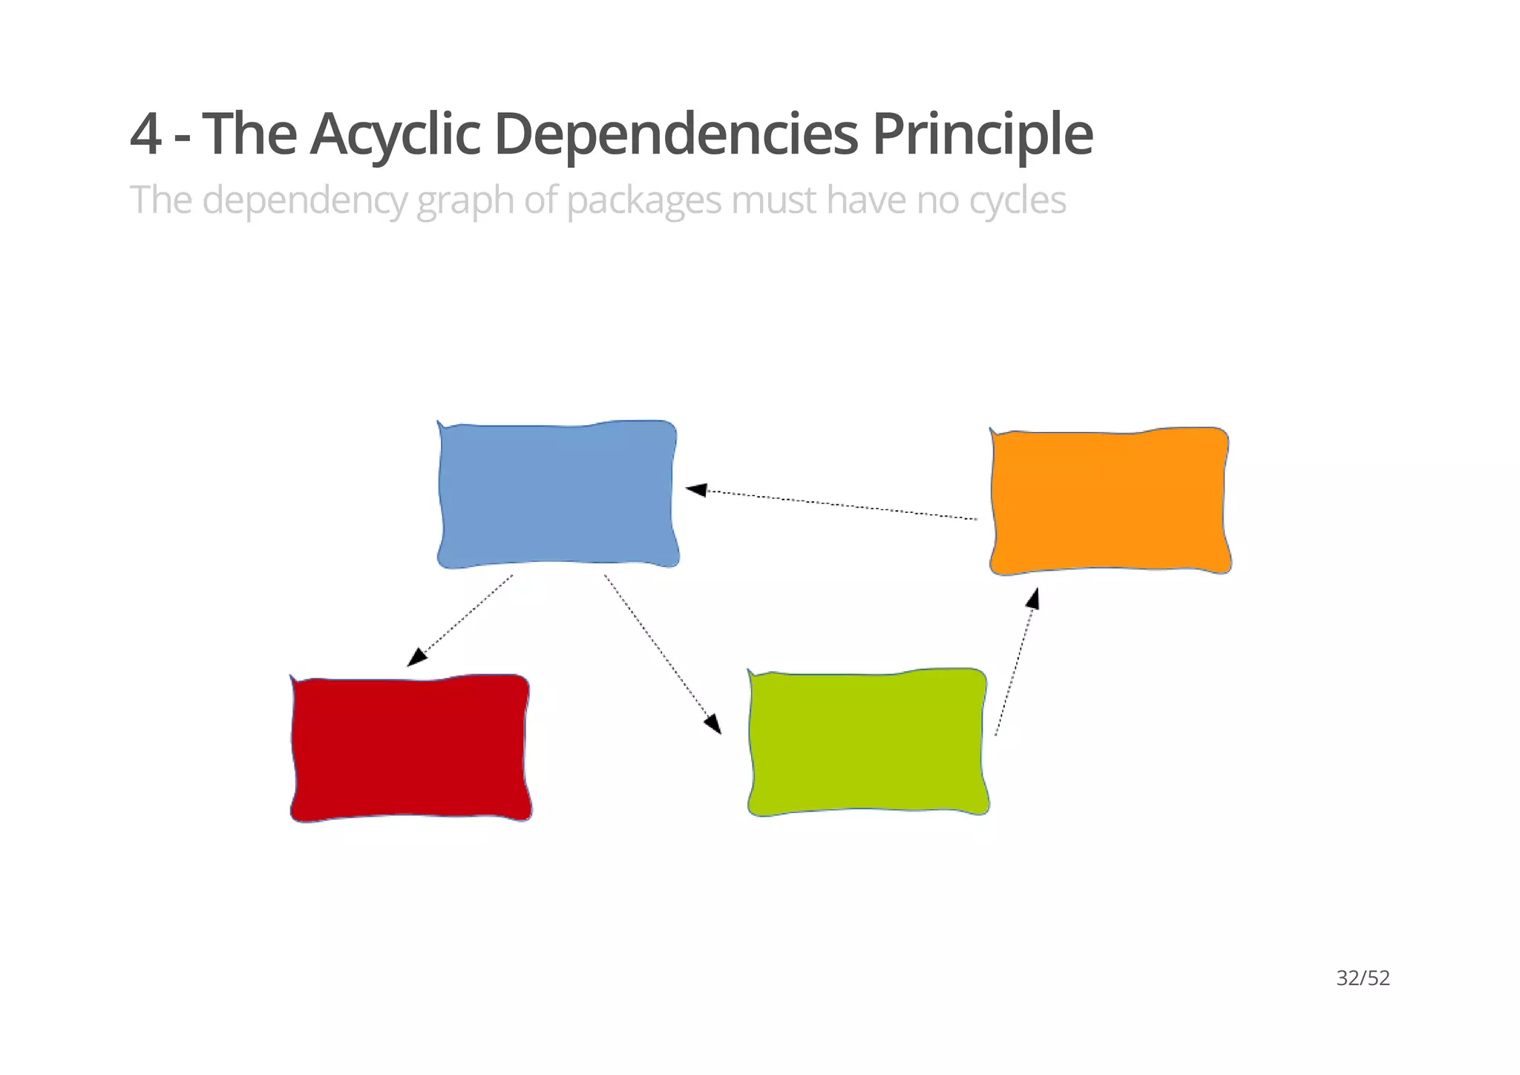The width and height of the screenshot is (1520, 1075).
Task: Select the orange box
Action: (1110, 501)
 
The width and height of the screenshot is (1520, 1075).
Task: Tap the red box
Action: (410, 748)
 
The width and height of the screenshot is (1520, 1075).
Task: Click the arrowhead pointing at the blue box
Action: (696, 489)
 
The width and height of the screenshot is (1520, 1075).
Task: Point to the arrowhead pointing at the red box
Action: (417, 657)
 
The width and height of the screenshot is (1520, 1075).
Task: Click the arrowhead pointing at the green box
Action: (713, 723)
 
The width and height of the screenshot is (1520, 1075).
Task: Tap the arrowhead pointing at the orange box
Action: (1032, 598)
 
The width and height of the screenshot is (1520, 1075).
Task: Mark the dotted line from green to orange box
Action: (1013, 668)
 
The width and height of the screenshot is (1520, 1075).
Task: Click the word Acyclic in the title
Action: (395, 134)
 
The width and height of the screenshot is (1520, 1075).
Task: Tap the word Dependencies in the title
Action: (675, 134)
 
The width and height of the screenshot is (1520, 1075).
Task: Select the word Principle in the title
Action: (982, 134)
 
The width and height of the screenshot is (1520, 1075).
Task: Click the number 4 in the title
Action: (145, 134)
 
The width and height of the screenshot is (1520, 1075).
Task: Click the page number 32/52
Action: (1363, 978)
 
